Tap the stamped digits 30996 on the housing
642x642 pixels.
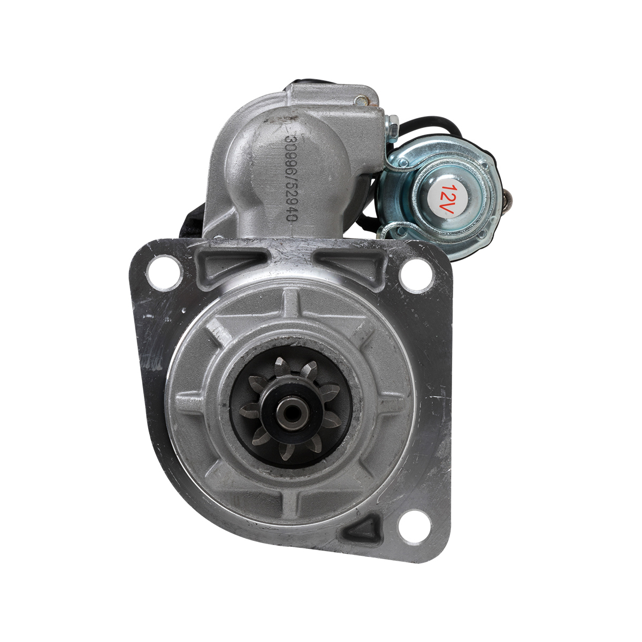click(x=290, y=154)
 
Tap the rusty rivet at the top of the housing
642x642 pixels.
click(x=361, y=100)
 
